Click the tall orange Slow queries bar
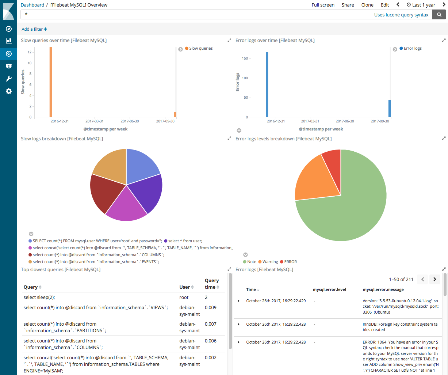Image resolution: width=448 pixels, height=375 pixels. [x=51, y=82]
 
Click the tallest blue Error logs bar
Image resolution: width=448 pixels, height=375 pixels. [x=267, y=84]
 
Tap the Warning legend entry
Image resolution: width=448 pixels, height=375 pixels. [x=270, y=262]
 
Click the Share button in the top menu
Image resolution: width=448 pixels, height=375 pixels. [x=348, y=5]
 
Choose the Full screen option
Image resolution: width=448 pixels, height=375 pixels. [x=323, y=5]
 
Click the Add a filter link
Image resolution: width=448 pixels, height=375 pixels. [x=34, y=29]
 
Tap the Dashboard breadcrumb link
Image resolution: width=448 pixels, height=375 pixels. [x=32, y=5]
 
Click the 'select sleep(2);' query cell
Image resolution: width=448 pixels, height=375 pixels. [x=39, y=297]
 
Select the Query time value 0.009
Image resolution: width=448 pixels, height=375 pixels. [x=211, y=307]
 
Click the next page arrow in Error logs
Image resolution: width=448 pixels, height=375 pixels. [x=434, y=279]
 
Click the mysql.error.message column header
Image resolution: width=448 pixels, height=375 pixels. [x=383, y=289]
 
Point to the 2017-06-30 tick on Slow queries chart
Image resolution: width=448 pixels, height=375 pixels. [x=130, y=121]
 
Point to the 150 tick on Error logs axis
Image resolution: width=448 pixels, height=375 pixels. [x=245, y=58]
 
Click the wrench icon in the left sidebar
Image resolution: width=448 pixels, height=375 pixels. [x=9, y=79]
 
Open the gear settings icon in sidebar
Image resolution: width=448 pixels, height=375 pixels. [x=9, y=91]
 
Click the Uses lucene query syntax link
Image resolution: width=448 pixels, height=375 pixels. [x=401, y=15]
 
